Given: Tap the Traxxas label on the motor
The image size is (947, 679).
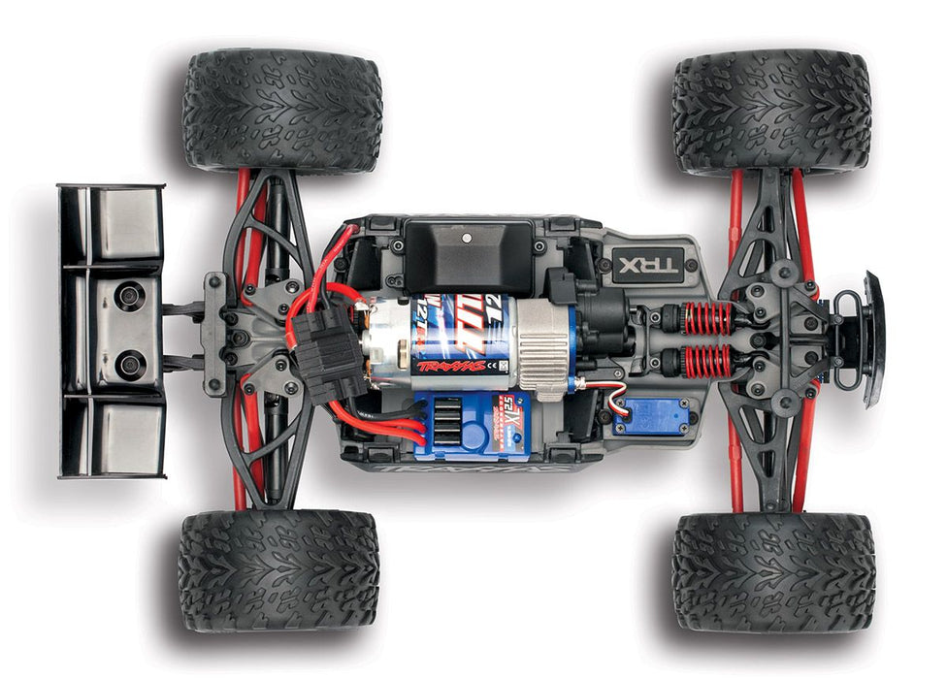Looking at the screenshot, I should (x=447, y=366).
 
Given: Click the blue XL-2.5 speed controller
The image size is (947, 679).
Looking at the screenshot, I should (x=473, y=424).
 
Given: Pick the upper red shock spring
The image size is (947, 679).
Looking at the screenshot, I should (x=707, y=317).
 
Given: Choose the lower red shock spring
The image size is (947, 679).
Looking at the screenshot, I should (x=707, y=361).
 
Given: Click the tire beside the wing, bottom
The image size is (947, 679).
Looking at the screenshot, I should (x=278, y=570).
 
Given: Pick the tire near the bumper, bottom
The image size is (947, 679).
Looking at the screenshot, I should (x=772, y=571).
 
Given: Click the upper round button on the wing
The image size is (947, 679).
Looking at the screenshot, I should (x=128, y=296).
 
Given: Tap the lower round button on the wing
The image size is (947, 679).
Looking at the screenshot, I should (x=129, y=365).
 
